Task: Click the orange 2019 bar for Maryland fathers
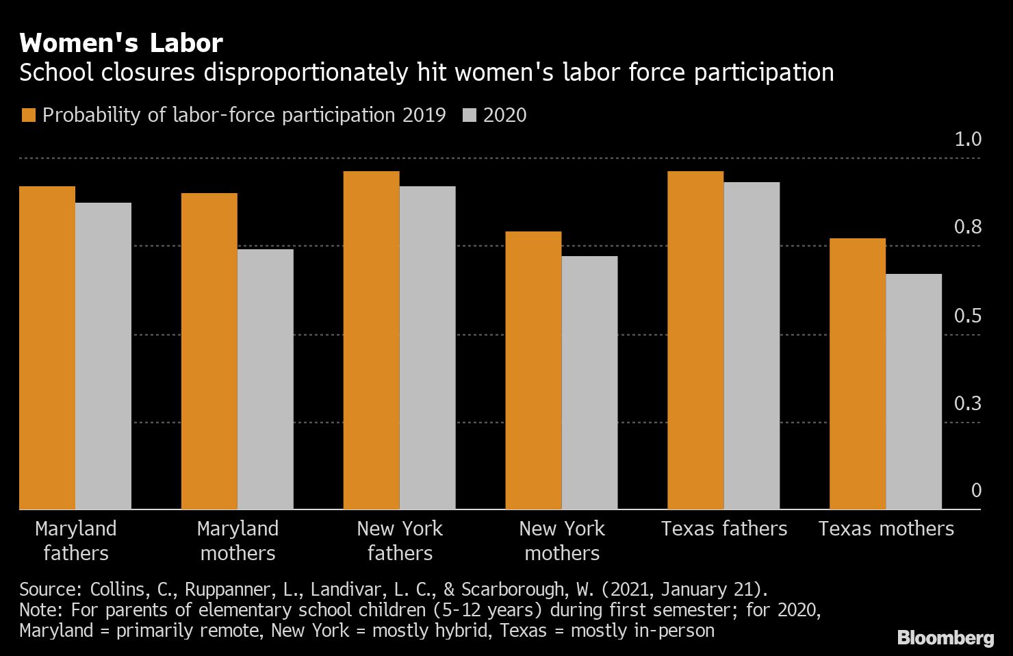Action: (x=47, y=348)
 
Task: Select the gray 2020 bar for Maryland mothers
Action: (x=266, y=379)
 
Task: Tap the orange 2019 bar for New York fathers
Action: (x=371, y=340)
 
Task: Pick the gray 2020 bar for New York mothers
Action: (x=589, y=382)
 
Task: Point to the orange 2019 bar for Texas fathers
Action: (x=695, y=340)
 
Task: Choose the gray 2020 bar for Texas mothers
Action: (x=914, y=391)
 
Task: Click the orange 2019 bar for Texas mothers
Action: (x=858, y=373)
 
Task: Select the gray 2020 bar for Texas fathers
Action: (x=752, y=345)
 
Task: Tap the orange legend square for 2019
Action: (x=28, y=115)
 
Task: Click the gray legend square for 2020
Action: (x=469, y=115)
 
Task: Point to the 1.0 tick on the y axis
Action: (x=968, y=139)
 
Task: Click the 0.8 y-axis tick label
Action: (x=968, y=227)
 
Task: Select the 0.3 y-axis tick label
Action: (x=968, y=403)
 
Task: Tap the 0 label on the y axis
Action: (x=976, y=490)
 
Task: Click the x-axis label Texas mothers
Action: (x=886, y=529)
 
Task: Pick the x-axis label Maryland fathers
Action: (x=75, y=540)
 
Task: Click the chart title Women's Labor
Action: (x=121, y=43)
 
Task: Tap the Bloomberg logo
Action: (x=945, y=638)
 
